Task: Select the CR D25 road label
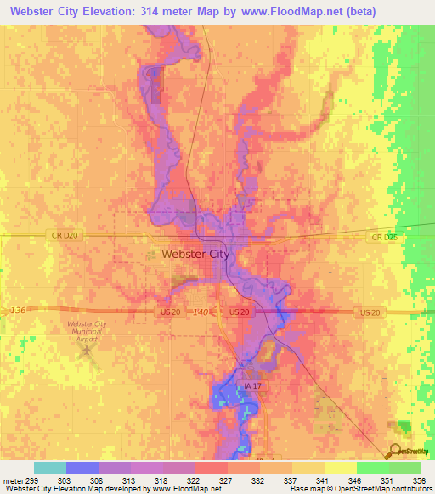click(x=384, y=238)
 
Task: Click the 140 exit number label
click(x=201, y=312)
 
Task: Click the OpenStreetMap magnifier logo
click(x=396, y=452)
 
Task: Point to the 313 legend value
click(x=118, y=480)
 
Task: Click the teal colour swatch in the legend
click(x=50, y=468)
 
